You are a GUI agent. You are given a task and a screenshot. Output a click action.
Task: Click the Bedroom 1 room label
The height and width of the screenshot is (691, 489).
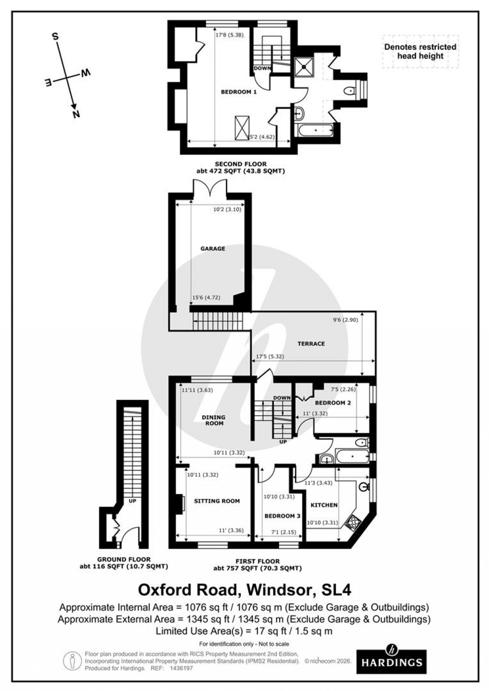238,92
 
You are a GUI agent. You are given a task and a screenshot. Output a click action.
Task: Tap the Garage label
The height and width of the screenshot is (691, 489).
212,249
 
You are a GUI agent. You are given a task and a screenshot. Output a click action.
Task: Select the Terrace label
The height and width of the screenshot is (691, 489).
311,344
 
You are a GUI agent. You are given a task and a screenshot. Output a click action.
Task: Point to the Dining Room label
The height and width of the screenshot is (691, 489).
214,420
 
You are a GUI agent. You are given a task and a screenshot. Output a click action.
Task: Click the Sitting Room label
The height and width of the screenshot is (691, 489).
217,501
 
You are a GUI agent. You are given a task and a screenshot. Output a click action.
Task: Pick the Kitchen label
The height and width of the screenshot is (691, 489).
324,505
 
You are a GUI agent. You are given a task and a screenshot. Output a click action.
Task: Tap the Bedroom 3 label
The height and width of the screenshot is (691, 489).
282,516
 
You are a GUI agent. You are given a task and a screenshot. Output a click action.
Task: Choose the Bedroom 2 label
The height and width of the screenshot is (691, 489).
333,403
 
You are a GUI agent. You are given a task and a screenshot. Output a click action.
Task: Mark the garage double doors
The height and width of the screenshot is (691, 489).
210,189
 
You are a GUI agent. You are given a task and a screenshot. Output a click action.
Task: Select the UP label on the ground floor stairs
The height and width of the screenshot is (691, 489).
132,501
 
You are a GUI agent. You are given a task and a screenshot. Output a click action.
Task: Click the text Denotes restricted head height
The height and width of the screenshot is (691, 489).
420,51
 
